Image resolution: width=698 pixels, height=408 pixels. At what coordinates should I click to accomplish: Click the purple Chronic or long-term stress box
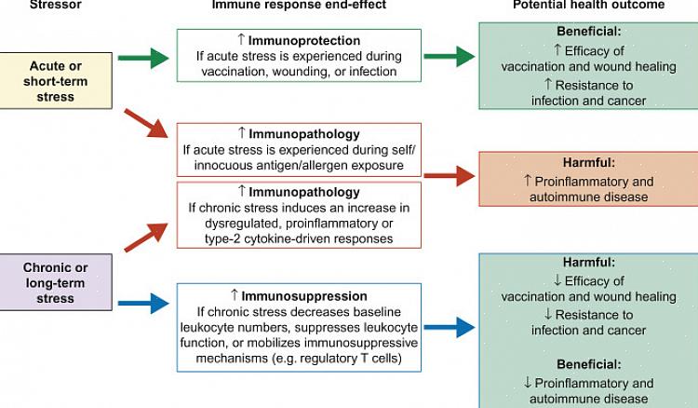(x=55, y=283)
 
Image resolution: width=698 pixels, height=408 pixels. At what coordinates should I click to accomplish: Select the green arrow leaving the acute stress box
(x=143, y=58)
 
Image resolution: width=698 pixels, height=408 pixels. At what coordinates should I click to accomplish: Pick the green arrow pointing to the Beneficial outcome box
(x=450, y=58)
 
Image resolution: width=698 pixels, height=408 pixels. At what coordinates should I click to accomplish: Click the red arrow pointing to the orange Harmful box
(x=450, y=174)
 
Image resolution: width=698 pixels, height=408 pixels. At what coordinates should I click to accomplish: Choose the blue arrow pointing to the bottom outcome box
(x=450, y=327)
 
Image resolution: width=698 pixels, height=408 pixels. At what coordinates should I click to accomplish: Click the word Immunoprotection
(x=304, y=41)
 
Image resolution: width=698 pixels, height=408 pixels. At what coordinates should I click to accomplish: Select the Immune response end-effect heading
(x=299, y=6)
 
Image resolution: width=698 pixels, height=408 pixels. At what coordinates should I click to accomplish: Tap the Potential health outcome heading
(x=588, y=6)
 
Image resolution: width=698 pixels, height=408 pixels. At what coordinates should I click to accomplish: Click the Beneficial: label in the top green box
(x=588, y=32)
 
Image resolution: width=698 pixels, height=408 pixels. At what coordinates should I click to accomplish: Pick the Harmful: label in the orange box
(x=588, y=161)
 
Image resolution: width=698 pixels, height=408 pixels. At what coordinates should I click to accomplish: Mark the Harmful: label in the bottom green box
(x=588, y=264)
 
